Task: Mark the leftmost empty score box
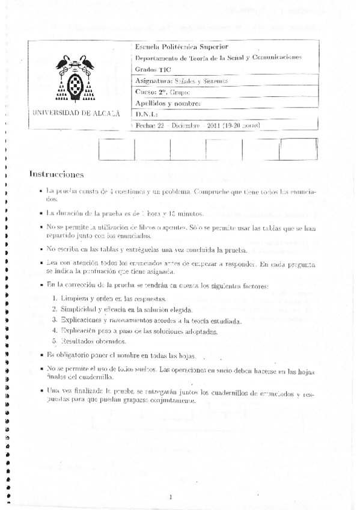tap(116, 149)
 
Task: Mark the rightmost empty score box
tap(298, 149)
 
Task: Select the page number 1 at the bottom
tap(171, 497)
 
